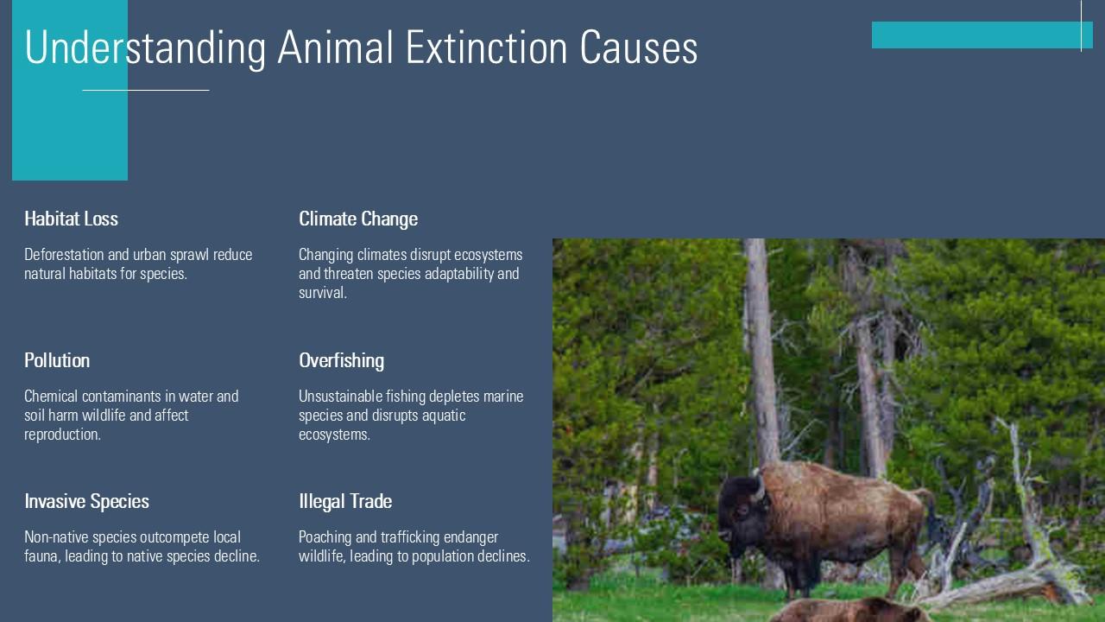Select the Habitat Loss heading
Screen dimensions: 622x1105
71,219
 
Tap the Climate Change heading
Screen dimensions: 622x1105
358,219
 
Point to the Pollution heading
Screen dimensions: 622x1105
57,360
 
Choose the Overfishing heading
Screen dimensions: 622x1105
341,360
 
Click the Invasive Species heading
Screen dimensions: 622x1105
86,501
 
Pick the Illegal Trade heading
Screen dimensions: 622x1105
345,501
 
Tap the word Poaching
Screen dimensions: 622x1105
325,537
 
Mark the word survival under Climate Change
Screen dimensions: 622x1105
321,293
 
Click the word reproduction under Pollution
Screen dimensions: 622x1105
61,435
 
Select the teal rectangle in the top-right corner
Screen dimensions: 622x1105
982,35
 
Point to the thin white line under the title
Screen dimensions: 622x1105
146,90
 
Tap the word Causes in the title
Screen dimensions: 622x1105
639,48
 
